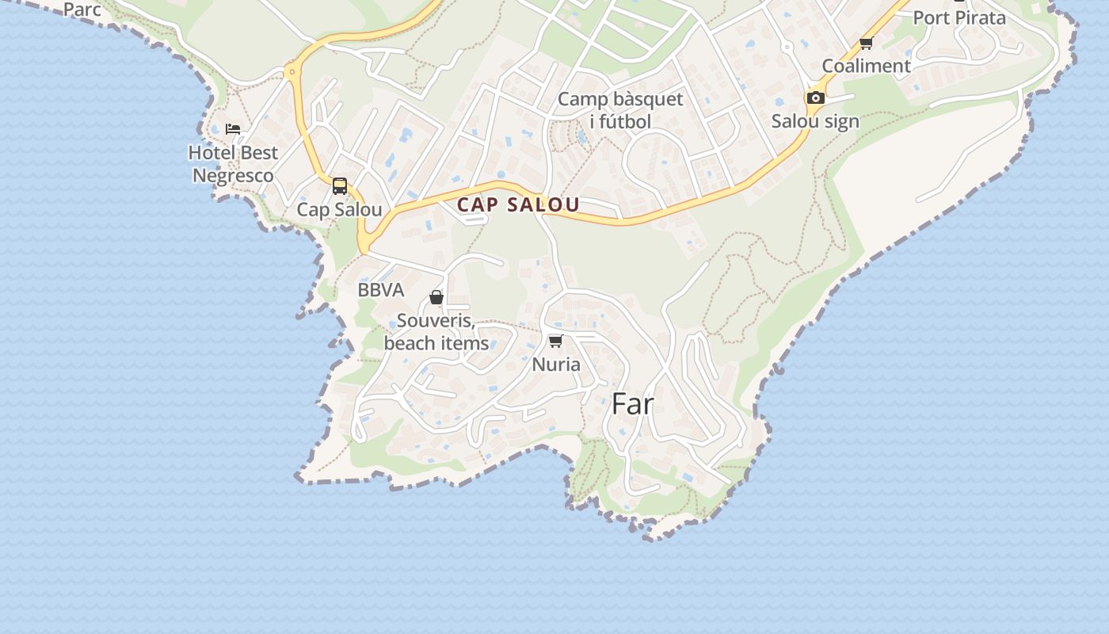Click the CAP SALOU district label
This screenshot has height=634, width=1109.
(518, 204)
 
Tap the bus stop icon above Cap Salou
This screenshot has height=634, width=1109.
(340, 186)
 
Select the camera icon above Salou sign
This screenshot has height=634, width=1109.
(815, 98)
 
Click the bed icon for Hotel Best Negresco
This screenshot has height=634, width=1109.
(233, 128)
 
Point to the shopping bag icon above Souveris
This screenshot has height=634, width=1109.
(436, 297)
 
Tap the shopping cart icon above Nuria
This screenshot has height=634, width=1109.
(556, 341)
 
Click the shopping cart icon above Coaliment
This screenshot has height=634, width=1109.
(867, 43)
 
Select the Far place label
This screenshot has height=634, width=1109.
(632, 404)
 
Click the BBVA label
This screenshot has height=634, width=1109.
(381, 290)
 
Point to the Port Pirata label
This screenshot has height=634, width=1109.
(959, 17)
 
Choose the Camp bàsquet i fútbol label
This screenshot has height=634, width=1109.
(620, 110)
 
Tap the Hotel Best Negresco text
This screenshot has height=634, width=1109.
(233, 164)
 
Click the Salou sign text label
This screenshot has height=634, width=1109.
(815, 122)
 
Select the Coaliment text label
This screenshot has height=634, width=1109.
(867, 66)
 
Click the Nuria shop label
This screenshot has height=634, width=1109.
(556, 365)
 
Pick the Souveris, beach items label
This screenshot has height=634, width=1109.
(436, 332)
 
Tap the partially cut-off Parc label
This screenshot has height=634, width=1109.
(82, 10)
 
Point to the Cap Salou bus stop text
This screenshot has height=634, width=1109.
(339, 210)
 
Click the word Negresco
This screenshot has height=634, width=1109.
(233, 176)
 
